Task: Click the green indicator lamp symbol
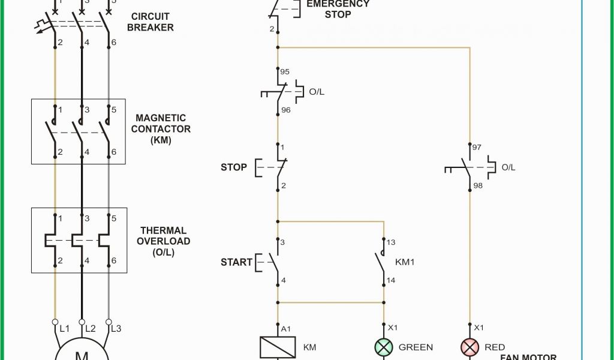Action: click(x=383, y=347)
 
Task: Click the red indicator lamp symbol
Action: click(x=469, y=347)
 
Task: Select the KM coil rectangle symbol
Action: click(x=277, y=347)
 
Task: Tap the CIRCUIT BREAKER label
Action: click(x=150, y=22)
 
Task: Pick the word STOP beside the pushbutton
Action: click(x=233, y=167)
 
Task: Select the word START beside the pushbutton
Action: click(x=236, y=262)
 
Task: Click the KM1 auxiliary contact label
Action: click(x=405, y=262)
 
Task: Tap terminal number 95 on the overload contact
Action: click(x=285, y=72)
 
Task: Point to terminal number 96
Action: click(x=285, y=110)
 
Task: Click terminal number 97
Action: click(x=477, y=147)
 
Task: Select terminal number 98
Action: click(x=478, y=185)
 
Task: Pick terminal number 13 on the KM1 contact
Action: click(x=391, y=242)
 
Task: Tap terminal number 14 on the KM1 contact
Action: click(x=391, y=280)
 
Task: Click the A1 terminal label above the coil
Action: click(x=286, y=328)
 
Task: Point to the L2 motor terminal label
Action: click(x=91, y=328)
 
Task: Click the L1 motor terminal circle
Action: click(x=55, y=322)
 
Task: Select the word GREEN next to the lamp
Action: click(x=416, y=347)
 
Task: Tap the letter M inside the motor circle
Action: click(x=82, y=355)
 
